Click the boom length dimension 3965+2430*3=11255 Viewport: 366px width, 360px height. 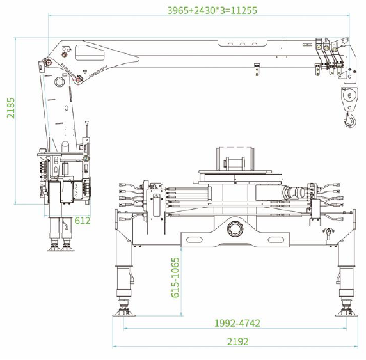point(212,10)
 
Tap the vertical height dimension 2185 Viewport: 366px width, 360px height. point(11,108)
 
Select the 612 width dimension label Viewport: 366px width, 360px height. point(83,221)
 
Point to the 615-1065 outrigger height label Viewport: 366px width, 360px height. point(175,278)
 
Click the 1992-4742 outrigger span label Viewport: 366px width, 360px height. point(237,323)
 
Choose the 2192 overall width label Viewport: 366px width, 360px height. point(237,342)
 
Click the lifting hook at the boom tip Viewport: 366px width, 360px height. point(350,120)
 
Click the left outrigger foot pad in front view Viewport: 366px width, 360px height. point(124,313)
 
